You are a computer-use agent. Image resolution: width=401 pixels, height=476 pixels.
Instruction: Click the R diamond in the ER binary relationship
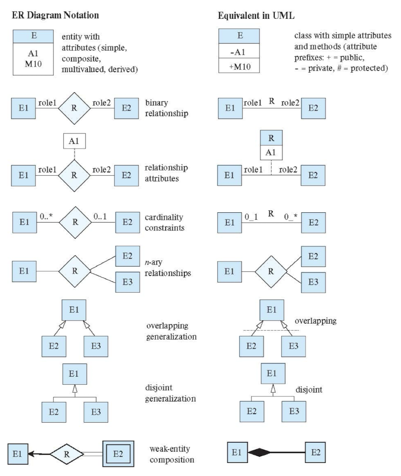75,109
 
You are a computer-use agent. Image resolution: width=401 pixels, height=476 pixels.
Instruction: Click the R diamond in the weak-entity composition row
67,454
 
